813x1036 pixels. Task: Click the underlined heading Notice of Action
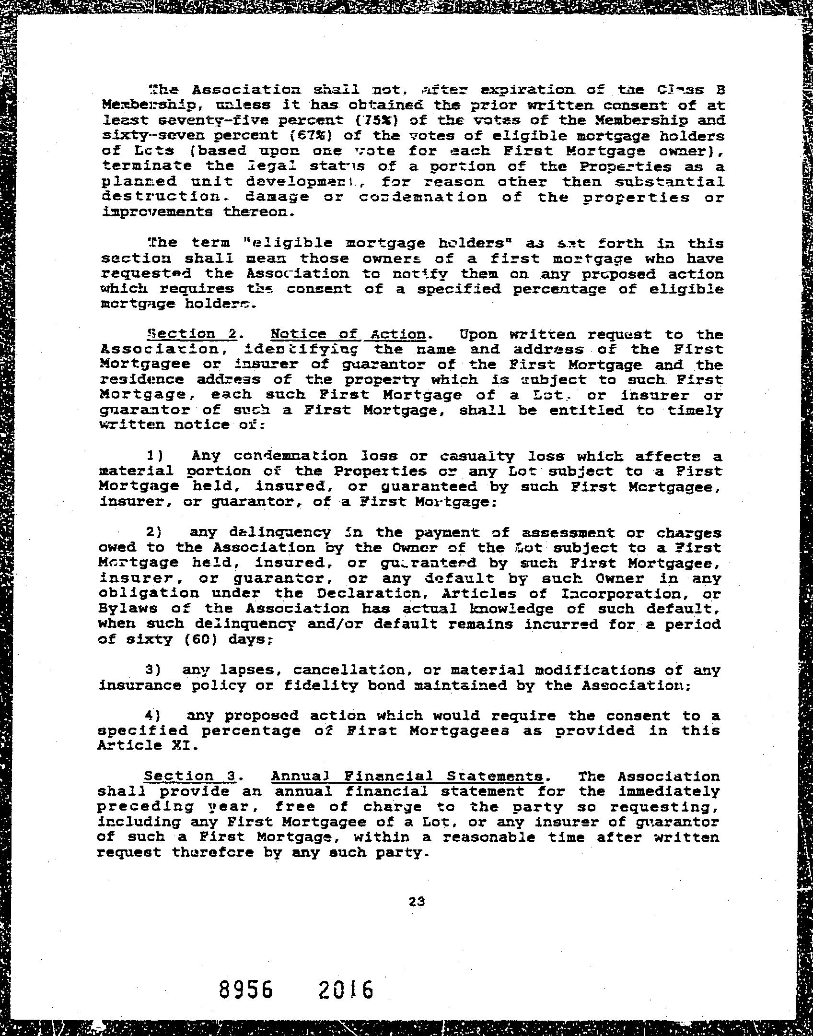[x=348, y=334]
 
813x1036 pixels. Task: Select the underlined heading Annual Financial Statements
[x=407, y=776]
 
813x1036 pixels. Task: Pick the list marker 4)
[x=153, y=716]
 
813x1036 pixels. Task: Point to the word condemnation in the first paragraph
[x=423, y=197]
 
